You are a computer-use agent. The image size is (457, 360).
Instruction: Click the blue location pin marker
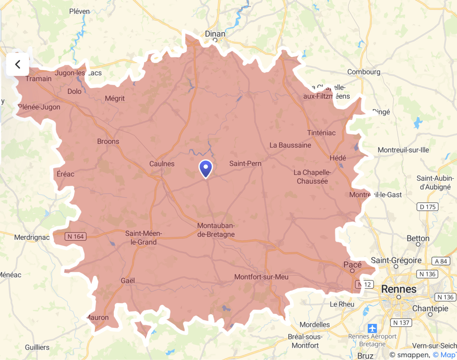point(205,169)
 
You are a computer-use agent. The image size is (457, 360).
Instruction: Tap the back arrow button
point(17,64)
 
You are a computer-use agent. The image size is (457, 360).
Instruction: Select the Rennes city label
point(398,289)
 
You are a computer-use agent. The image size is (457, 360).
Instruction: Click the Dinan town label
point(215,33)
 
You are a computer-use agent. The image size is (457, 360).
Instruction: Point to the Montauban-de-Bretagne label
point(216,230)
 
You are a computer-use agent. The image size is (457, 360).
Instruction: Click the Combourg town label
point(364,72)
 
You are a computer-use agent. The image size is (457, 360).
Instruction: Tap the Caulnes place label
point(162,164)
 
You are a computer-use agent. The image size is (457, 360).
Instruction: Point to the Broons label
point(108,142)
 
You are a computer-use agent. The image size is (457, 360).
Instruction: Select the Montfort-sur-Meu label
point(261,277)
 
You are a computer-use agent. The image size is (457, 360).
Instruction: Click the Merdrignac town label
point(32,237)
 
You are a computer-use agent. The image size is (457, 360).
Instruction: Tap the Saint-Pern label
point(245,164)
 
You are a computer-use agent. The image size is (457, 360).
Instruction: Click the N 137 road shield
point(401,322)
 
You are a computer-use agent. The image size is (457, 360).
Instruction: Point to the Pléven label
point(79,12)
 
